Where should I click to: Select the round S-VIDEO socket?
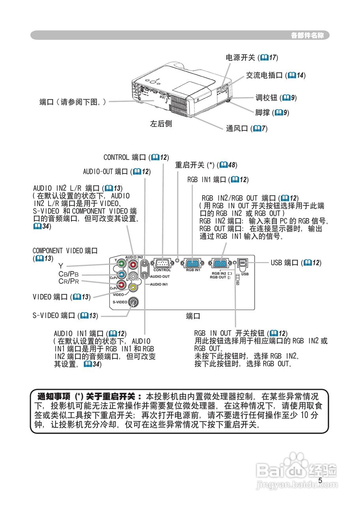click(133, 302)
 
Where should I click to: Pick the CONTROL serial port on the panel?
click(162, 263)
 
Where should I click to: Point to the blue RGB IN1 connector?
click(193, 264)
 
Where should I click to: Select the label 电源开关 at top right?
click(240, 58)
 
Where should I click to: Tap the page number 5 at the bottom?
click(320, 481)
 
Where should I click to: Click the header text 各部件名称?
click(309, 36)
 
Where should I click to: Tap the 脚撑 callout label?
click(262, 113)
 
